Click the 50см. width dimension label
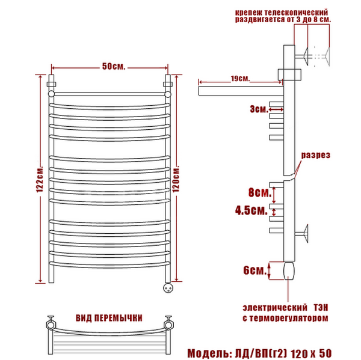click(114, 67)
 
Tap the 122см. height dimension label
click(40, 178)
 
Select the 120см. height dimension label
click(176, 178)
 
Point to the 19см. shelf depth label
click(240, 79)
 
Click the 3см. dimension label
click(259, 109)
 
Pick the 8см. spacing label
click(260, 193)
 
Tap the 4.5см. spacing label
click(251, 210)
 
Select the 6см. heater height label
click(255, 270)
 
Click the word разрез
click(316, 155)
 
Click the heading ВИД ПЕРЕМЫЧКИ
click(109, 318)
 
